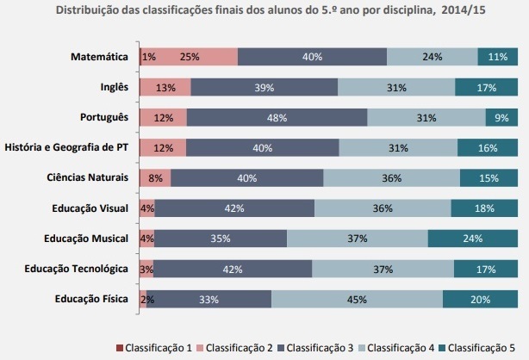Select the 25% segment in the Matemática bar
tap(189, 57)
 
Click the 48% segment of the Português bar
tap(277, 117)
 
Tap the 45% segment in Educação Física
tap(357, 299)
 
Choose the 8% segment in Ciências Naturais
tap(155, 177)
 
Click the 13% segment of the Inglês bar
tap(165, 87)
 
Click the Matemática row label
tap(100, 57)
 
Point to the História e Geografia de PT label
tap(67, 147)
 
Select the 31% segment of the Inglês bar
tap(396, 87)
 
